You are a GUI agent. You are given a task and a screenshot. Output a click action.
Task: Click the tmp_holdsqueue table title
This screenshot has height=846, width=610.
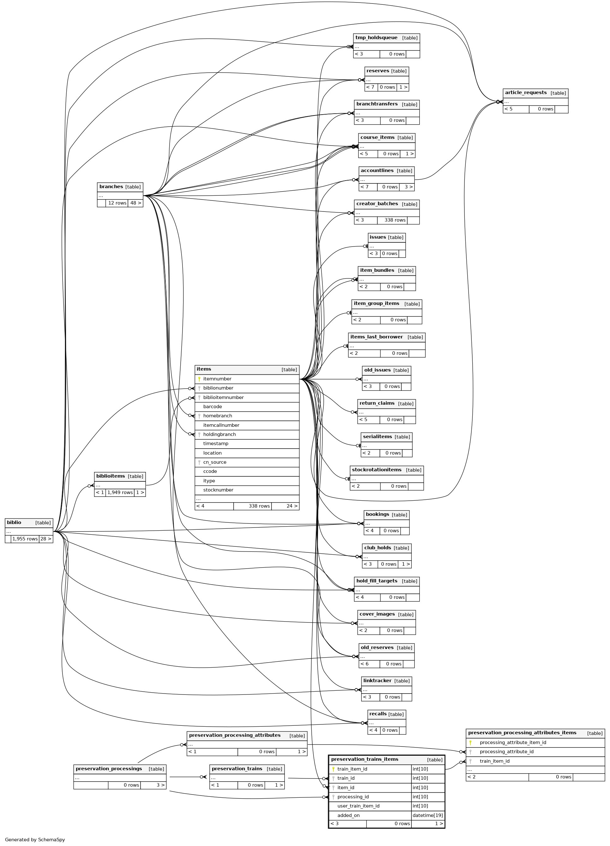(x=376, y=38)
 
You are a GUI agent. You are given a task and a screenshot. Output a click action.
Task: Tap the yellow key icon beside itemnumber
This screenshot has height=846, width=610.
(x=199, y=379)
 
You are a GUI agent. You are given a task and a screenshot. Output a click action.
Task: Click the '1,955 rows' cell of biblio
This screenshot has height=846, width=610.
(x=25, y=539)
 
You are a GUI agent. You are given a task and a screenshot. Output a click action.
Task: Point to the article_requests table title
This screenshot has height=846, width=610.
(x=526, y=93)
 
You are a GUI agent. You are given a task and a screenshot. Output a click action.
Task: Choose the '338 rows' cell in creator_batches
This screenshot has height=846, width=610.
(x=395, y=220)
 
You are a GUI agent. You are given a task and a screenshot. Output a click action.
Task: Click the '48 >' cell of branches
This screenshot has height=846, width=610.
(x=135, y=203)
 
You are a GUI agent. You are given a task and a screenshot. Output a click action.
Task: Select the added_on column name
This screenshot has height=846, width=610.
(x=349, y=815)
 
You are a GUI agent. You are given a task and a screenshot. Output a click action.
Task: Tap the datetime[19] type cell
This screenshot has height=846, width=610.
(x=428, y=815)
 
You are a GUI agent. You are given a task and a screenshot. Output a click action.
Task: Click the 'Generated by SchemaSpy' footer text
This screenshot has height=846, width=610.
(x=35, y=840)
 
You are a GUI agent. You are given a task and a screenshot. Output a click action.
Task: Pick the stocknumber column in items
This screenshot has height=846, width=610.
(x=218, y=490)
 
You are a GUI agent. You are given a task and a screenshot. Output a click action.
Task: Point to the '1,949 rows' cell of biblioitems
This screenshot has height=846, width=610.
(x=120, y=492)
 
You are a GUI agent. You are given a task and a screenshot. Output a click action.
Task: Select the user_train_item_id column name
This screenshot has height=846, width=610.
(x=358, y=806)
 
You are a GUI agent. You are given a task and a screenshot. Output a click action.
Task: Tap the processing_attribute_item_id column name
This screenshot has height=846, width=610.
(x=513, y=743)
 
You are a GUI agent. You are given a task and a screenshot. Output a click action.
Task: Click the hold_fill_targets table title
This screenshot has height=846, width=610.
(x=376, y=581)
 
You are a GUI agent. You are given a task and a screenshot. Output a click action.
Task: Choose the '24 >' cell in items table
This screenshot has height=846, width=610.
(x=292, y=506)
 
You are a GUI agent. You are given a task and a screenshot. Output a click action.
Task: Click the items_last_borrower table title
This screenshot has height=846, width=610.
(x=376, y=337)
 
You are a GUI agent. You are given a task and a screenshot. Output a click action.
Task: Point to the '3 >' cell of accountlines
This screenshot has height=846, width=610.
(x=409, y=187)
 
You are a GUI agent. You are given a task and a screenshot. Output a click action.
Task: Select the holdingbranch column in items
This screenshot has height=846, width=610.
(x=219, y=435)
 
